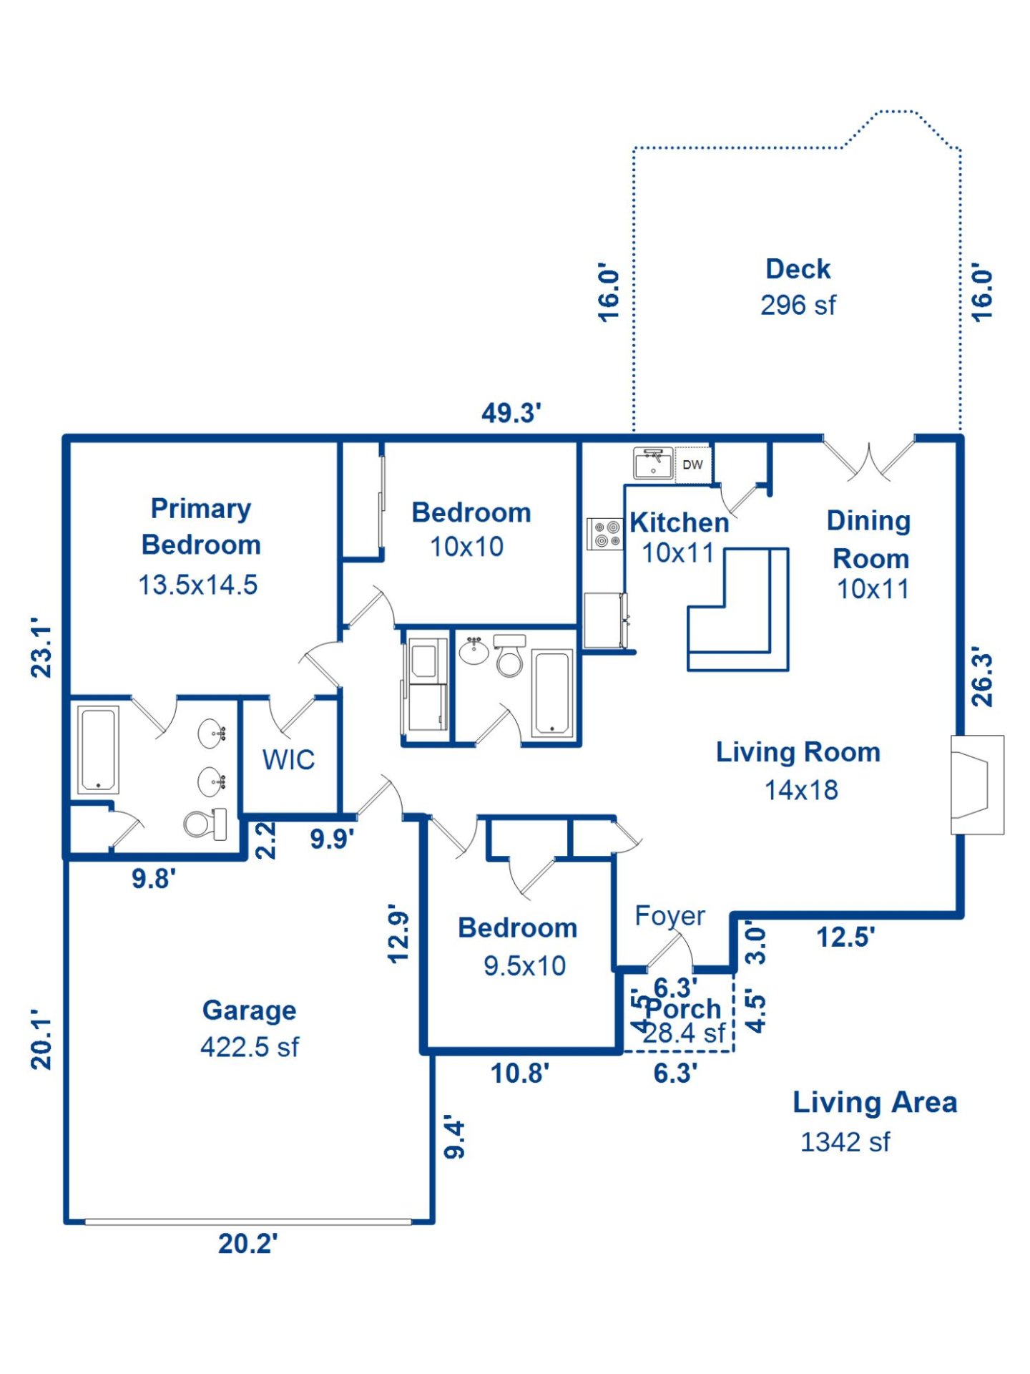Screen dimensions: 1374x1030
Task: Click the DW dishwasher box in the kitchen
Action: pos(692,464)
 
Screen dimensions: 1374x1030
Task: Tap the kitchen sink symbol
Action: pos(652,463)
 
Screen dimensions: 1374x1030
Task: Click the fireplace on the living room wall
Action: pos(976,784)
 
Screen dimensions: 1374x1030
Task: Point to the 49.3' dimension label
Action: pos(511,413)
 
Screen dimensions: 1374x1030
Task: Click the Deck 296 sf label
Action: pos(798,287)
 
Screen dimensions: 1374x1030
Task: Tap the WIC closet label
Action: pos(288,759)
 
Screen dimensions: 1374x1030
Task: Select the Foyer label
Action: pos(669,915)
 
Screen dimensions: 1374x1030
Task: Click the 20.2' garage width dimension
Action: pos(247,1244)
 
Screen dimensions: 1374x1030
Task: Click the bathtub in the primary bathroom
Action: pos(98,749)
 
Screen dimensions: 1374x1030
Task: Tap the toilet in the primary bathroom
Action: pos(205,824)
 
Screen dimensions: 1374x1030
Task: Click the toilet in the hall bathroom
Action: pos(509,657)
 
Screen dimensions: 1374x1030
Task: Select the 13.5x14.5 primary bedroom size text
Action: pos(197,585)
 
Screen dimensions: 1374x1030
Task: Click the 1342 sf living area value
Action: pos(845,1142)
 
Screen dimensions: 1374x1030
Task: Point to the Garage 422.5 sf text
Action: pos(249,1028)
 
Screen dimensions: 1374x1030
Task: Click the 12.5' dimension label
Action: pos(845,937)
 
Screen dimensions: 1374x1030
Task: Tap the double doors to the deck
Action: pos(868,460)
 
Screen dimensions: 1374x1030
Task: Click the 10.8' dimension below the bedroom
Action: pos(519,1073)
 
